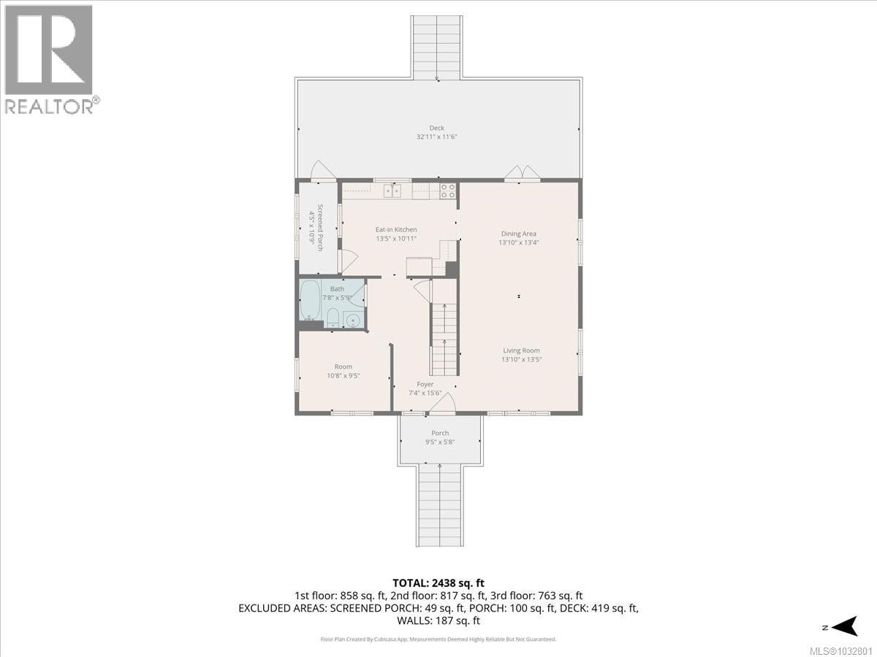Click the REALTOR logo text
click(50, 106)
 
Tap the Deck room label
click(436, 128)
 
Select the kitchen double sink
click(393, 191)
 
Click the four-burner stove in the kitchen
click(448, 191)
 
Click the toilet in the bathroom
click(332, 318)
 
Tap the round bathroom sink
click(353, 320)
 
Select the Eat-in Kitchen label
click(396, 230)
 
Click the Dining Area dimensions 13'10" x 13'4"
click(519, 242)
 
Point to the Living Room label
click(521, 350)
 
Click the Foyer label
click(425, 384)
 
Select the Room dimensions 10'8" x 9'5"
click(343, 376)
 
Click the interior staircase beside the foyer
click(444, 339)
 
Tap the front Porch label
click(440, 433)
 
